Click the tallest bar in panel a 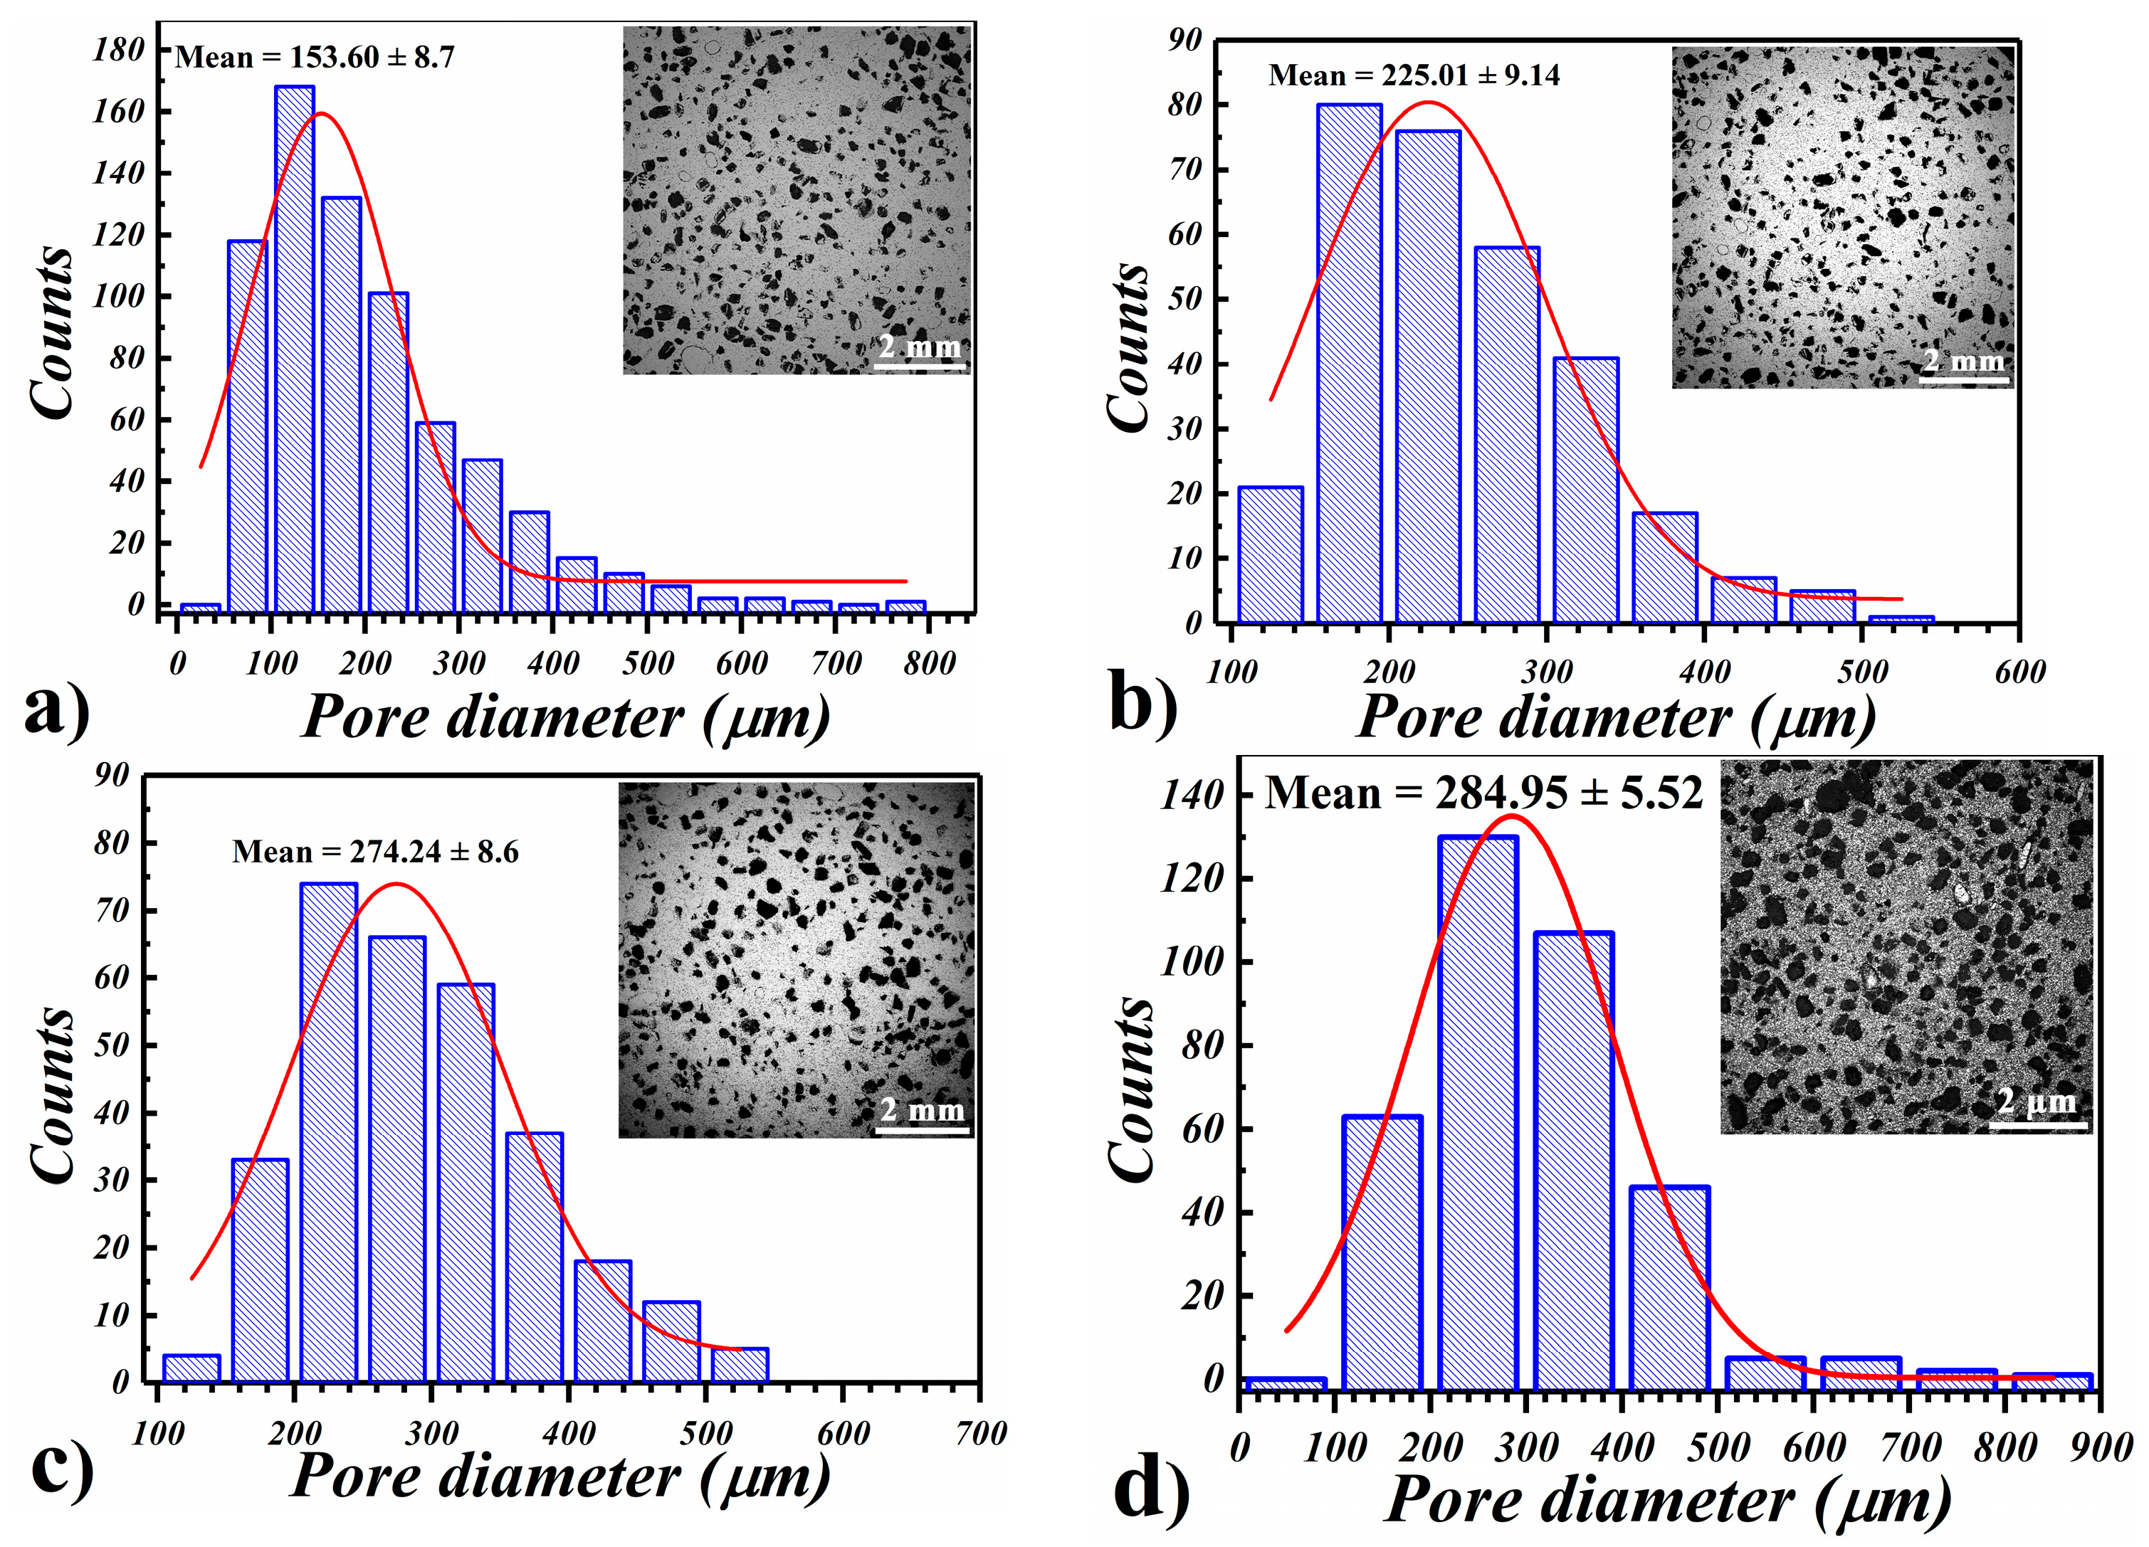coord(294,351)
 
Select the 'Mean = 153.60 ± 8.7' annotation coord(315,58)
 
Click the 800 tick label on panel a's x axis coord(929,663)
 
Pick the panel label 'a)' coord(57,710)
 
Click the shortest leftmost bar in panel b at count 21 coord(1270,555)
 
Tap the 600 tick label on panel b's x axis coord(2019,672)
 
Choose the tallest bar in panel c coord(328,1132)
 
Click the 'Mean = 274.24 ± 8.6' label coord(375,852)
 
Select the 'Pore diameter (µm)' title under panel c coord(559,1476)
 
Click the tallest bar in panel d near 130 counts coord(1476,1113)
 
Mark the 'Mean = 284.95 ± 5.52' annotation coord(1483,793)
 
